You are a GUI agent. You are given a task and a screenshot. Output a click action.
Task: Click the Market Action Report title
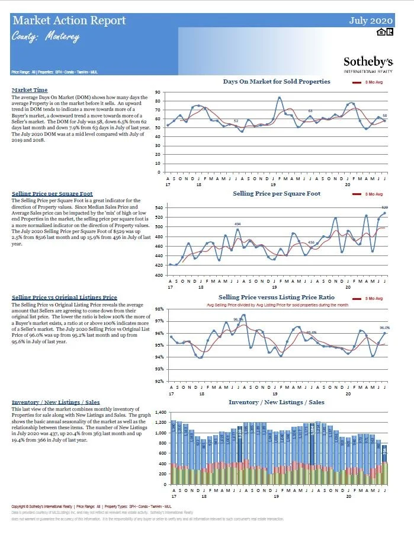69,21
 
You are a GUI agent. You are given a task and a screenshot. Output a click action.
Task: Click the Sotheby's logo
368,63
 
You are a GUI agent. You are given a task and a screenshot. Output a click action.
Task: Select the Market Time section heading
29,90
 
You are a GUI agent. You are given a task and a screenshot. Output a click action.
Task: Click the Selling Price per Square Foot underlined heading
52,194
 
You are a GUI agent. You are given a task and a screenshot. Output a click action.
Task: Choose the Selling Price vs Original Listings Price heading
64,297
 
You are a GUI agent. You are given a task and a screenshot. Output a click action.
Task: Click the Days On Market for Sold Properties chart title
277,81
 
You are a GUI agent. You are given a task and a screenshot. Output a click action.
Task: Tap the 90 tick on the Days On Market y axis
158,93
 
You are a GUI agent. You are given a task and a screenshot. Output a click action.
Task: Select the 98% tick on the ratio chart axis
158,309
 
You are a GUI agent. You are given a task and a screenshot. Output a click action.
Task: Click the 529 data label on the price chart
384,207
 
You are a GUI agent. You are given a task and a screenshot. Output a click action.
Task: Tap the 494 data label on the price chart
238,223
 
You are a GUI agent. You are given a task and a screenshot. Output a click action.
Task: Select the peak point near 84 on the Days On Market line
280,98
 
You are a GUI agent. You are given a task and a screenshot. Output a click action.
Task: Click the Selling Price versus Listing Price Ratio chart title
276,297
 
